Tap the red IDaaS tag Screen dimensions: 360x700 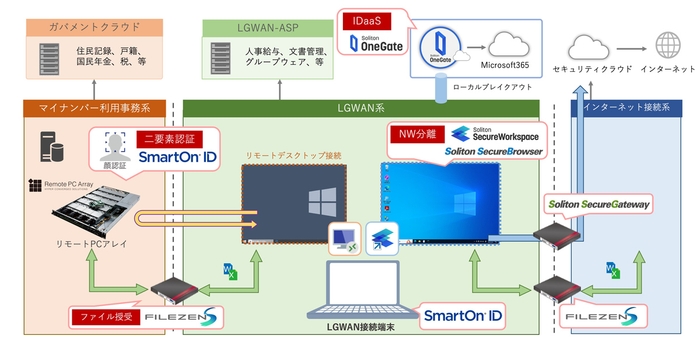tap(361, 19)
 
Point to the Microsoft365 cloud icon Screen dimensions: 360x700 tap(511, 45)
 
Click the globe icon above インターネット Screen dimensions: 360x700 tap(666, 45)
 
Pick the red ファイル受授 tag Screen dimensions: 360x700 tap(105, 318)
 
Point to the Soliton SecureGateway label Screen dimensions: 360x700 tap(598, 204)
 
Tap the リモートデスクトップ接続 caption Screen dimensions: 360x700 tap(286, 156)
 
